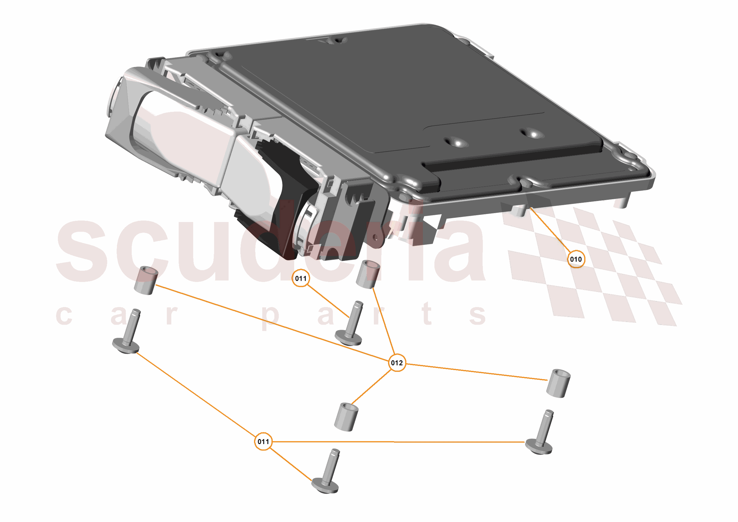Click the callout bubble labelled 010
576,259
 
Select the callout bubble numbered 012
397,363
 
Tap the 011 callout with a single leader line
301,278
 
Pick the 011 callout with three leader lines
263,441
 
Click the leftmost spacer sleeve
146,280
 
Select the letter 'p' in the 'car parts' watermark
270,316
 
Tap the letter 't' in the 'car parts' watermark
426,313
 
